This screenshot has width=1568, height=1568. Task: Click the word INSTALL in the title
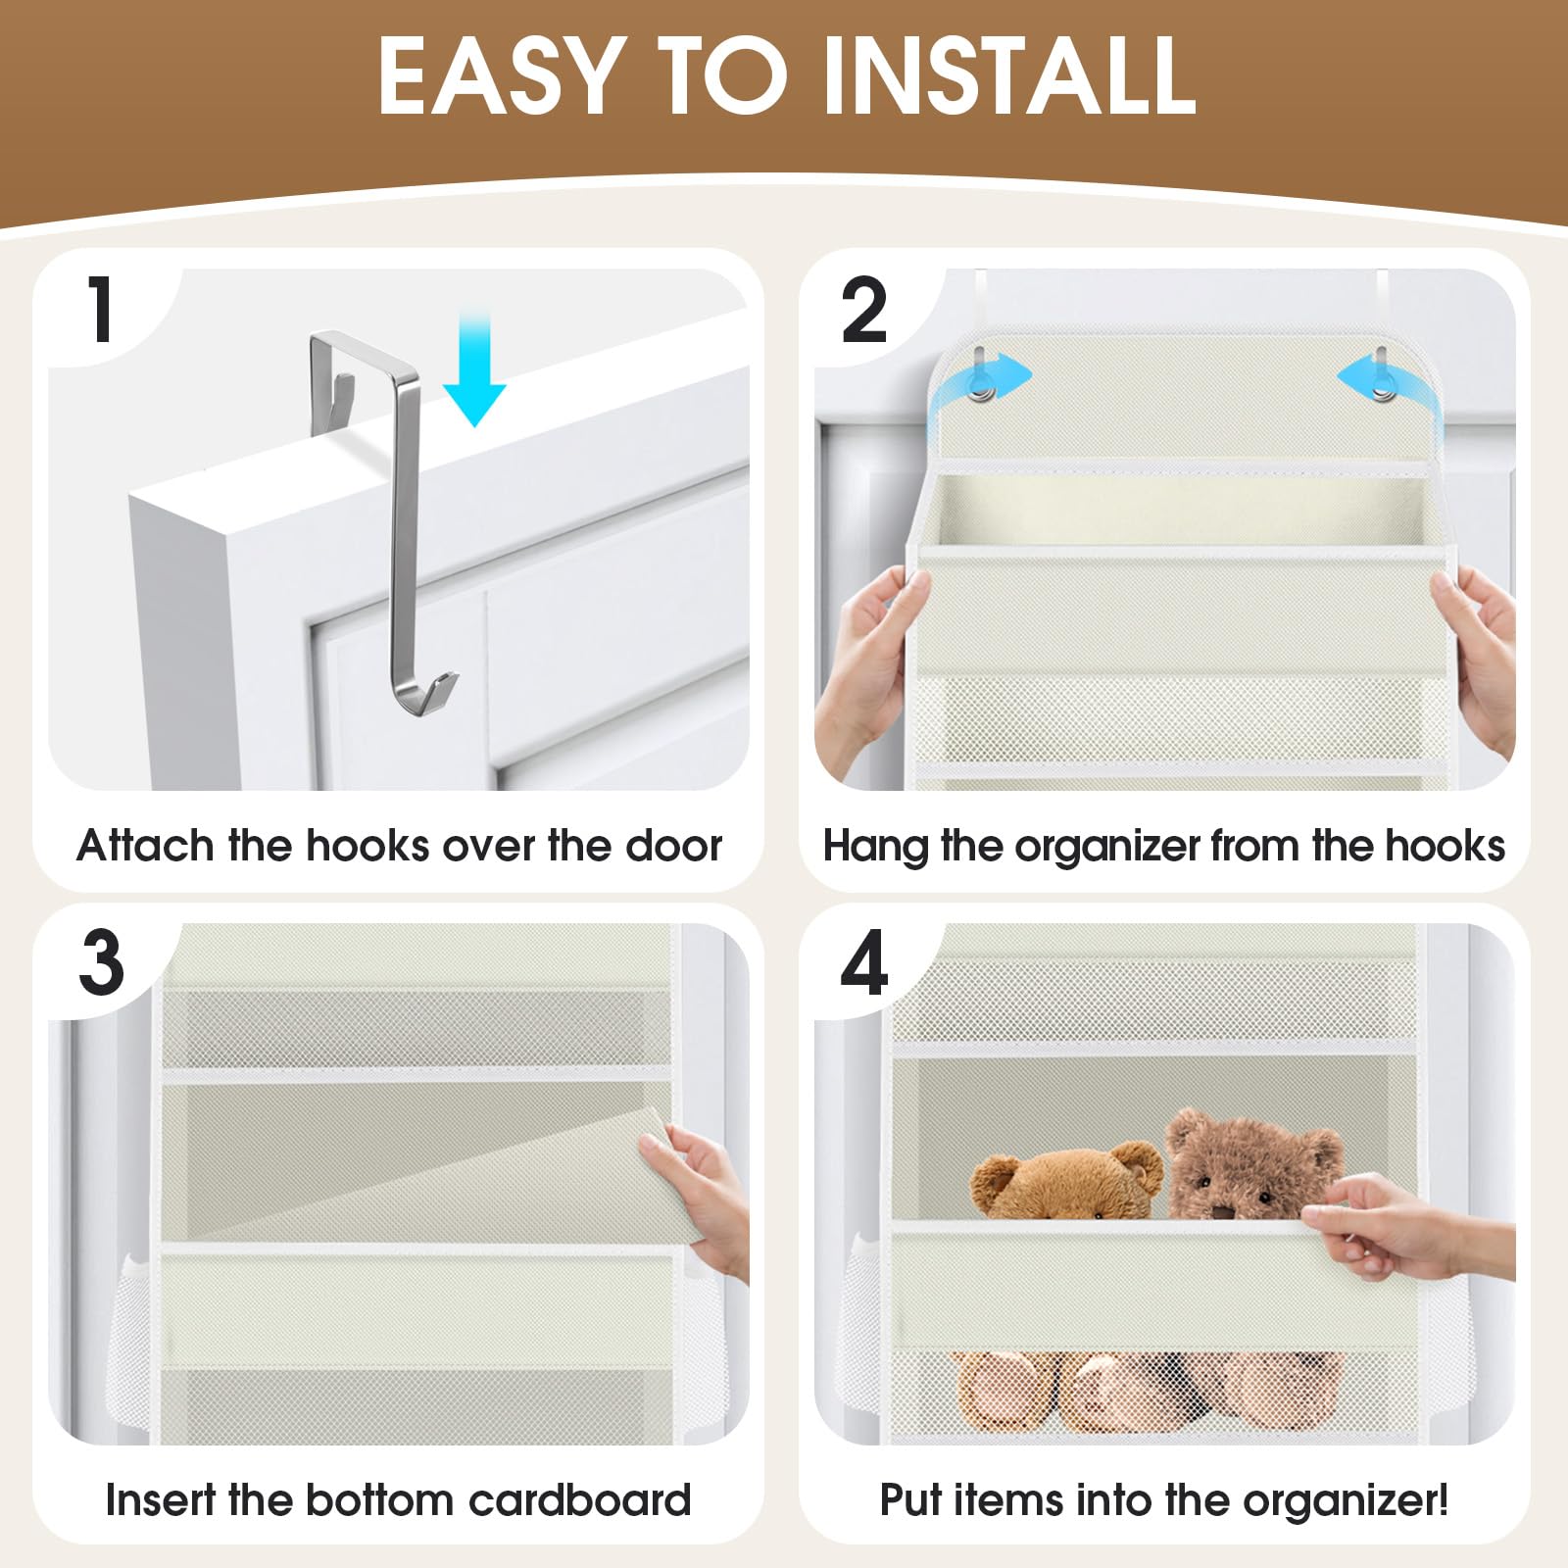click(1009, 76)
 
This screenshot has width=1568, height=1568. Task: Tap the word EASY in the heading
click(501, 76)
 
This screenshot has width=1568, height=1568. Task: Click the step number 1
click(101, 311)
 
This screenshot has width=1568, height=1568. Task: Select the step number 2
click(864, 311)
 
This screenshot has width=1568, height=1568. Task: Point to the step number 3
click(102, 963)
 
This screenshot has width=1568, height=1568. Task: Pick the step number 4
click(864, 964)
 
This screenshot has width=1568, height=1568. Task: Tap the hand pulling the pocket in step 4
click(1401, 1225)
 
